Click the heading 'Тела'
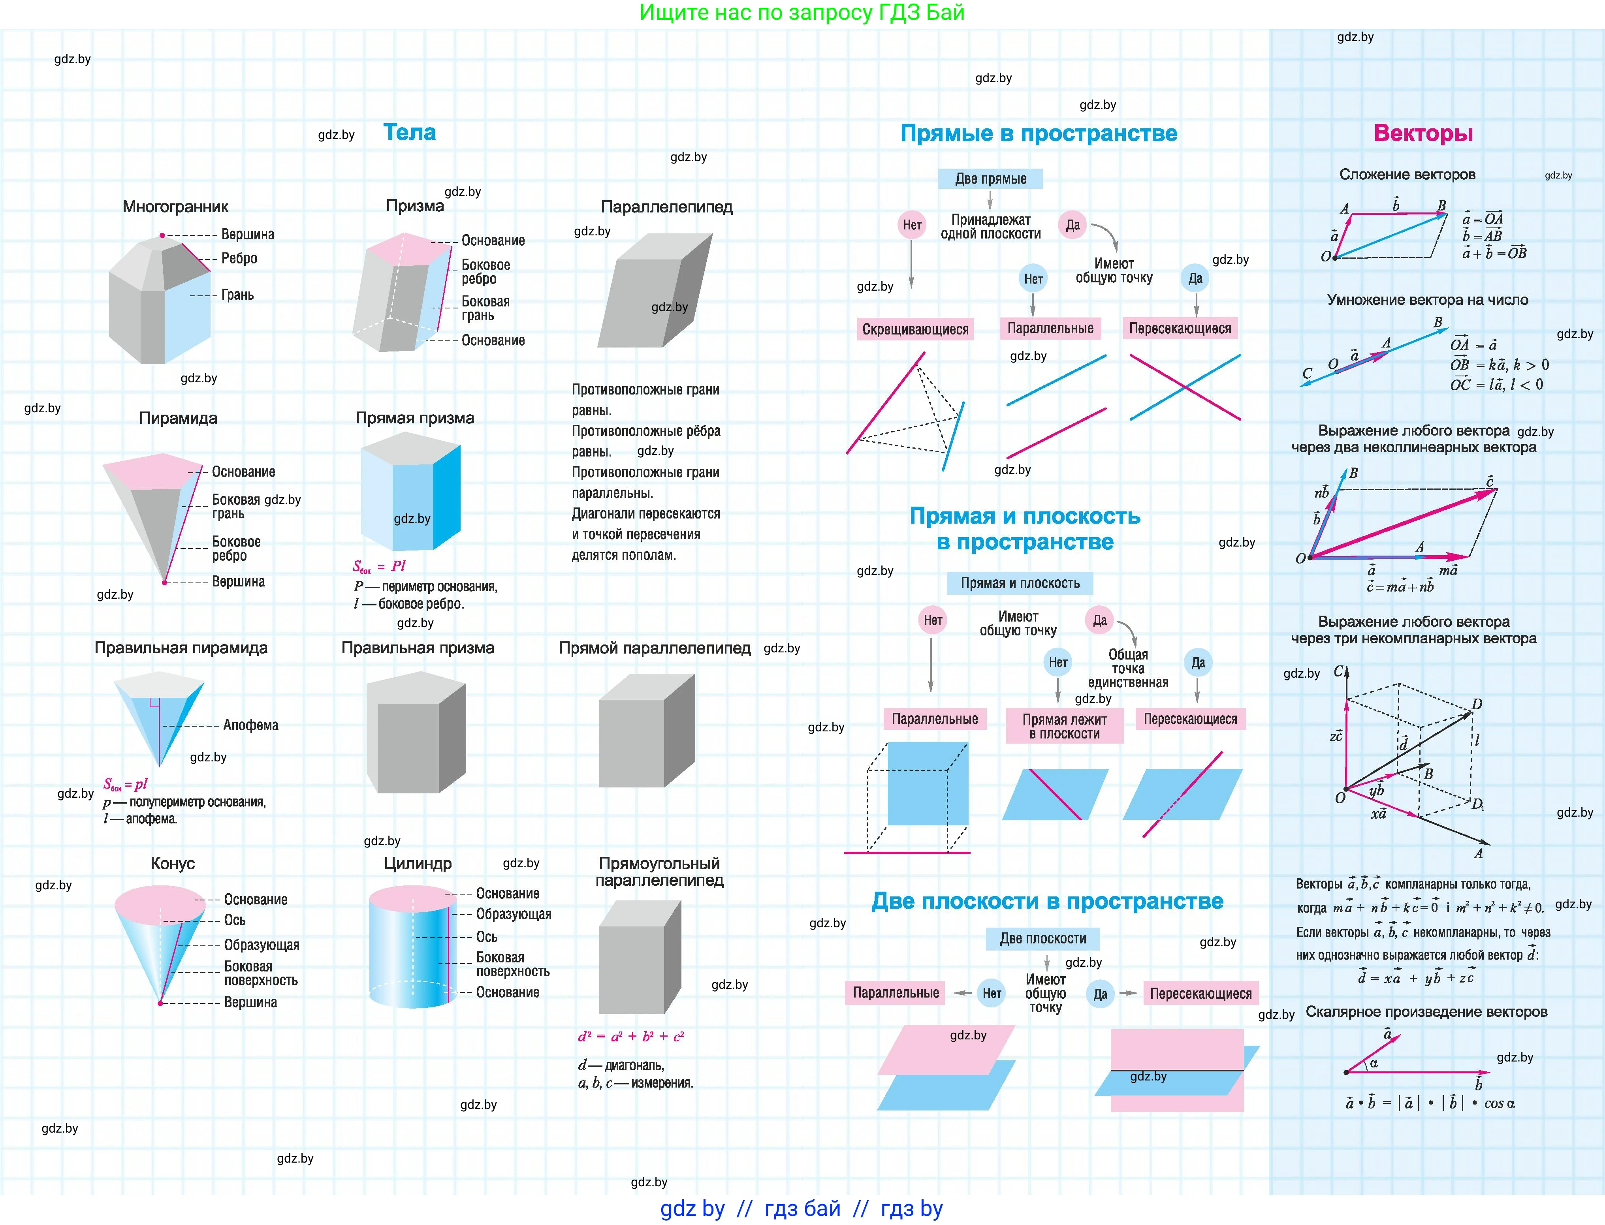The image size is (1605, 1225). pyautogui.click(x=409, y=133)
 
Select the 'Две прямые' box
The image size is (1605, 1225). pyautogui.click(x=990, y=178)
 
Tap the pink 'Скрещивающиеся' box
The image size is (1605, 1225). pyautogui.click(x=915, y=329)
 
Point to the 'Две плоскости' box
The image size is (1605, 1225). pyautogui.click(x=1043, y=938)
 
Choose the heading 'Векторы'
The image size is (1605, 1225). pyautogui.click(x=1423, y=133)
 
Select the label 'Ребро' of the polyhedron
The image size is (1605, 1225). pyautogui.click(x=239, y=258)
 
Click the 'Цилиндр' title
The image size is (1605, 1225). pyautogui.click(x=418, y=863)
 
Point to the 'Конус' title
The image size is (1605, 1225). pyautogui.click(x=173, y=863)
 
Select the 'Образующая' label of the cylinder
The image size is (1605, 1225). pyautogui.click(x=514, y=914)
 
